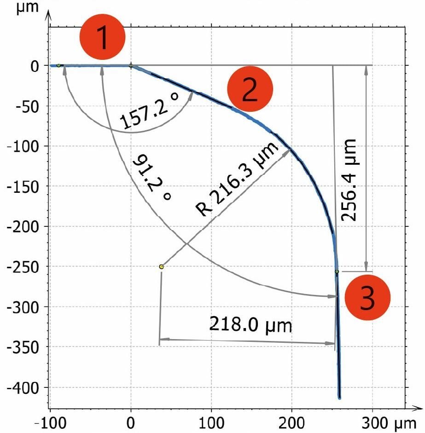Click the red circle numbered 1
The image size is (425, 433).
click(103, 37)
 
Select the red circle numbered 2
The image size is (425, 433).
click(250, 89)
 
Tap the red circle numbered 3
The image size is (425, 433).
click(367, 297)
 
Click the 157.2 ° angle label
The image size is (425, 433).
click(149, 110)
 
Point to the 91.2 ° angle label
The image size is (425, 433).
click(152, 177)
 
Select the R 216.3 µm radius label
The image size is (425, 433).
click(236, 179)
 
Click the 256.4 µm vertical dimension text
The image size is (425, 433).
click(349, 180)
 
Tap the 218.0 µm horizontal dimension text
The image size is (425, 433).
click(250, 325)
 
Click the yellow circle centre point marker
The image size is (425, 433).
click(161, 267)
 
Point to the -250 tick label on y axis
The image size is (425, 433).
click(23, 267)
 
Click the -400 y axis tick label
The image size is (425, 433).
click(23, 388)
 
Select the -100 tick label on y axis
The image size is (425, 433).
click(23, 146)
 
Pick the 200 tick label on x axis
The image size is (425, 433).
click(292, 423)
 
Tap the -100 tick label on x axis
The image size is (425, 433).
click(51, 423)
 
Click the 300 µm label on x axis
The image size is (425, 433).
click(389, 423)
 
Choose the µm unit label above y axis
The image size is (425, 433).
click(27, 7)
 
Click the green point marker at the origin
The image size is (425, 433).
click(131, 66)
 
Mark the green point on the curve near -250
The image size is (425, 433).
click(337, 272)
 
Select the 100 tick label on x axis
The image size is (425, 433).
click(211, 423)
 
